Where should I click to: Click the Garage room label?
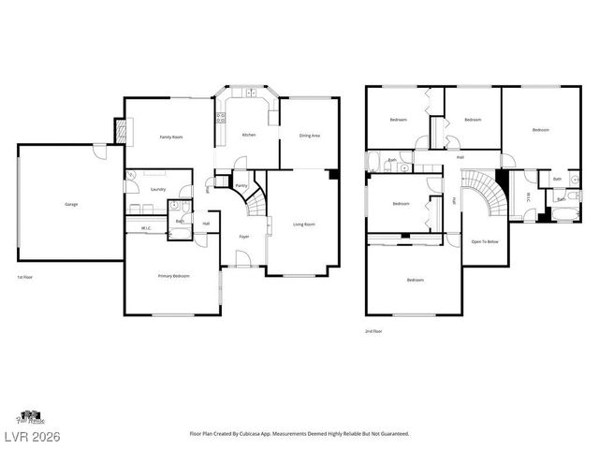(x=70, y=204)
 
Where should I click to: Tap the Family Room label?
(x=170, y=138)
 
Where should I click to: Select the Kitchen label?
(x=248, y=136)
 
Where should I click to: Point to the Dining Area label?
(x=310, y=136)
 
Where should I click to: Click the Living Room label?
(x=303, y=224)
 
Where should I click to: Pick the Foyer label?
(x=243, y=237)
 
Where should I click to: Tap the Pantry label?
(x=241, y=186)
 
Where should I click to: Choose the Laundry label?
(x=157, y=190)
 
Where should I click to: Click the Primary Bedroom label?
(x=173, y=276)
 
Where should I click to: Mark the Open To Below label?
(x=484, y=241)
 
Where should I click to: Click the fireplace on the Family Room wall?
(x=119, y=131)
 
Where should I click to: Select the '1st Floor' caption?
(x=24, y=278)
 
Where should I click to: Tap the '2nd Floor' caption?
(x=373, y=331)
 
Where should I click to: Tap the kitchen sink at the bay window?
(x=250, y=92)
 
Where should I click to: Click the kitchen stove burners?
(x=221, y=118)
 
